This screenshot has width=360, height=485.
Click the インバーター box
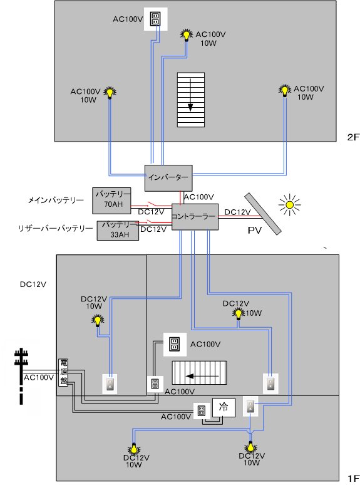coord(168,178)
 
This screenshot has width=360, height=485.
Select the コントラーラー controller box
coord(195,217)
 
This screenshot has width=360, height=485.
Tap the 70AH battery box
coord(111,201)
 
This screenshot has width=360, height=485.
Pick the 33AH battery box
coord(118,231)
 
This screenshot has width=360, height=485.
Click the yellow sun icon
coord(289,204)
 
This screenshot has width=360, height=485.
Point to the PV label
coord(255,231)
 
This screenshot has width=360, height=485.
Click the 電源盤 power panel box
coord(63,372)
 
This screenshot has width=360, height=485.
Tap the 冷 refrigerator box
coord(224,407)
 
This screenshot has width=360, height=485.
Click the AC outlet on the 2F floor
coord(156,19)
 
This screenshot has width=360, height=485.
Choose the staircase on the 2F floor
coord(191,100)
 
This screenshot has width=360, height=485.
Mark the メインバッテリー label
coord(56,200)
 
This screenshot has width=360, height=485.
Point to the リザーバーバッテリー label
coord(56,229)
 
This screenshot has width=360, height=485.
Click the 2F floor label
coord(352,137)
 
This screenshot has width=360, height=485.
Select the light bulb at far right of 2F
coord(285,91)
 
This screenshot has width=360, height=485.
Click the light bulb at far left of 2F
coord(110,93)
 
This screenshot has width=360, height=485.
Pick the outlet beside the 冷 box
coord(201,411)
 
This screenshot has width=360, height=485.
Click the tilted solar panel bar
coord(263,214)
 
